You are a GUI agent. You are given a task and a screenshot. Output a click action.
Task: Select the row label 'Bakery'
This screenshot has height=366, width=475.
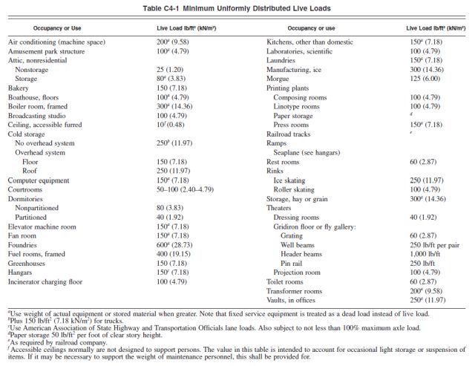[x=18, y=88]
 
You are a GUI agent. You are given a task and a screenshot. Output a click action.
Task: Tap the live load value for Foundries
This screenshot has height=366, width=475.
[x=174, y=245]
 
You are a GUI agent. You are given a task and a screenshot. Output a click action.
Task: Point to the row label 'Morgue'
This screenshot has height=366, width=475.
[x=278, y=79]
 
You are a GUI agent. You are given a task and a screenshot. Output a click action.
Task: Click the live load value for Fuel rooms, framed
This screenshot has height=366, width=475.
[x=174, y=254]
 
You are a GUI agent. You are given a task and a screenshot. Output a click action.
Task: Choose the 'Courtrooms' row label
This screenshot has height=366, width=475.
[x=25, y=189]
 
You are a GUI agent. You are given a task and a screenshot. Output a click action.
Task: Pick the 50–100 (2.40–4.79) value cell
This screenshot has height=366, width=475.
[x=185, y=189]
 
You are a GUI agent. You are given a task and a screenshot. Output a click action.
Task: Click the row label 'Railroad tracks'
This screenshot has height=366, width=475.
[x=289, y=134]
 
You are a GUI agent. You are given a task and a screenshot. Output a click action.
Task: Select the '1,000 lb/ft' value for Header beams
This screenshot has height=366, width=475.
[x=425, y=254]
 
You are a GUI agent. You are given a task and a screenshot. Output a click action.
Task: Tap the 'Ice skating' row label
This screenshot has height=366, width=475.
[x=289, y=180]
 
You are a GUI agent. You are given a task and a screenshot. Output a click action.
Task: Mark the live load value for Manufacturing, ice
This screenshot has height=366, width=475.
[x=427, y=70]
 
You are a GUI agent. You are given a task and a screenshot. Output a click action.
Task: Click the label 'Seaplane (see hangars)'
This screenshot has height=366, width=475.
[x=307, y=153]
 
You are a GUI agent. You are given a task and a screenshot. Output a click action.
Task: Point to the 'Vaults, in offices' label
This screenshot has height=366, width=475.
[x=291, y=300]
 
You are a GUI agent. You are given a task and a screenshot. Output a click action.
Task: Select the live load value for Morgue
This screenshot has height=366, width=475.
[x=425, y=79]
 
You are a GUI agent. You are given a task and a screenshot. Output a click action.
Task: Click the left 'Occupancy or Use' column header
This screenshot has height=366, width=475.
[x=57, y=28]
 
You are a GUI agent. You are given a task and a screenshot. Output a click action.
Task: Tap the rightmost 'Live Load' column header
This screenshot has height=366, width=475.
[x=436, y=28]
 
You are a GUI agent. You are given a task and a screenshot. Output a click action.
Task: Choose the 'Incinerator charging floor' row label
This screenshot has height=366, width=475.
[x=45, y=282]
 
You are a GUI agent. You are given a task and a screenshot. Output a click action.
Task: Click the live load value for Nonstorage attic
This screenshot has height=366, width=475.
[x=170, y=70]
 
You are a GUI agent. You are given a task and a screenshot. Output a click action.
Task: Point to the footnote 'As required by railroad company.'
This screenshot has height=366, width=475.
[x=58, y=343]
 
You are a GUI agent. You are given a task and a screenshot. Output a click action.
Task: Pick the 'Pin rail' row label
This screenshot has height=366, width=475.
[x=291, y=264]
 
